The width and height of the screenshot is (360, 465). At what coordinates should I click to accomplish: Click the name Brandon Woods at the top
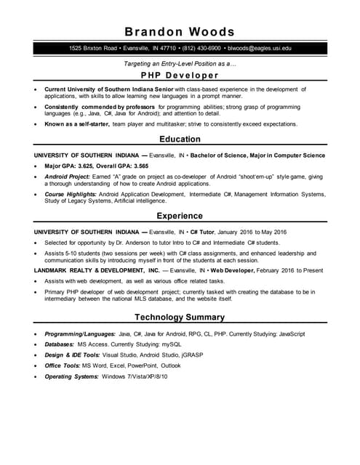(180, 31)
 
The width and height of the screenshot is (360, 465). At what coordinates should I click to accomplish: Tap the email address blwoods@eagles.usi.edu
(259, 48)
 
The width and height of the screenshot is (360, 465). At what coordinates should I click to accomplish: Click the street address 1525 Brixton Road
(93, 48)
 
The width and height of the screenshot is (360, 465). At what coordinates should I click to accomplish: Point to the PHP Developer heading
(180, 75)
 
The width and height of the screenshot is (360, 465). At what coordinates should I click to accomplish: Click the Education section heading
(180, 139)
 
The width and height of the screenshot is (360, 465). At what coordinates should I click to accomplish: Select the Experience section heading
(180, 216)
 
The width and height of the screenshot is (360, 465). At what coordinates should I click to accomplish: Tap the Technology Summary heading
(180, 317)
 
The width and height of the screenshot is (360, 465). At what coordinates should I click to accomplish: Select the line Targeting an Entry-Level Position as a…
(180, 64)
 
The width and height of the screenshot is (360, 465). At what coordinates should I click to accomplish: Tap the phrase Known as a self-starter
(76, 124)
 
